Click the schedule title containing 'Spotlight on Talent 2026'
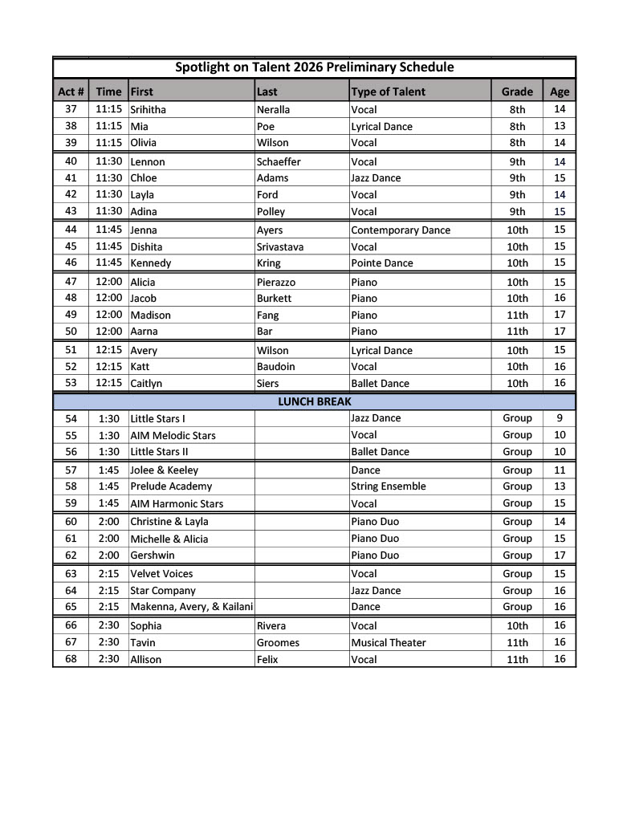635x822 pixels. coord(314,67)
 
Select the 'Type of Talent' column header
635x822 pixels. coord(389,92)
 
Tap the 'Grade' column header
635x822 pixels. coord(517,92)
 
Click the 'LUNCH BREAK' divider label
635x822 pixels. coord(314,401)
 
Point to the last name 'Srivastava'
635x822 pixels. coord(280,246)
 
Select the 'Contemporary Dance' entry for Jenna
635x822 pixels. coord(401,230)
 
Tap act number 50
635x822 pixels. coord(71,331)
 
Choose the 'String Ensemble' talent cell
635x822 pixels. coord(389,486)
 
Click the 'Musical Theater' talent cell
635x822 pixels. coord(389,642)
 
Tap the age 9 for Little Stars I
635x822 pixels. coord(560,418)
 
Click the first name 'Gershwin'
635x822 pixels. coord(153,555)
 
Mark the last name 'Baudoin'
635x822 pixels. coord(276,367)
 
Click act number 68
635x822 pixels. coord(71,659)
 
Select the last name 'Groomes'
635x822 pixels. coord(278,642)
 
